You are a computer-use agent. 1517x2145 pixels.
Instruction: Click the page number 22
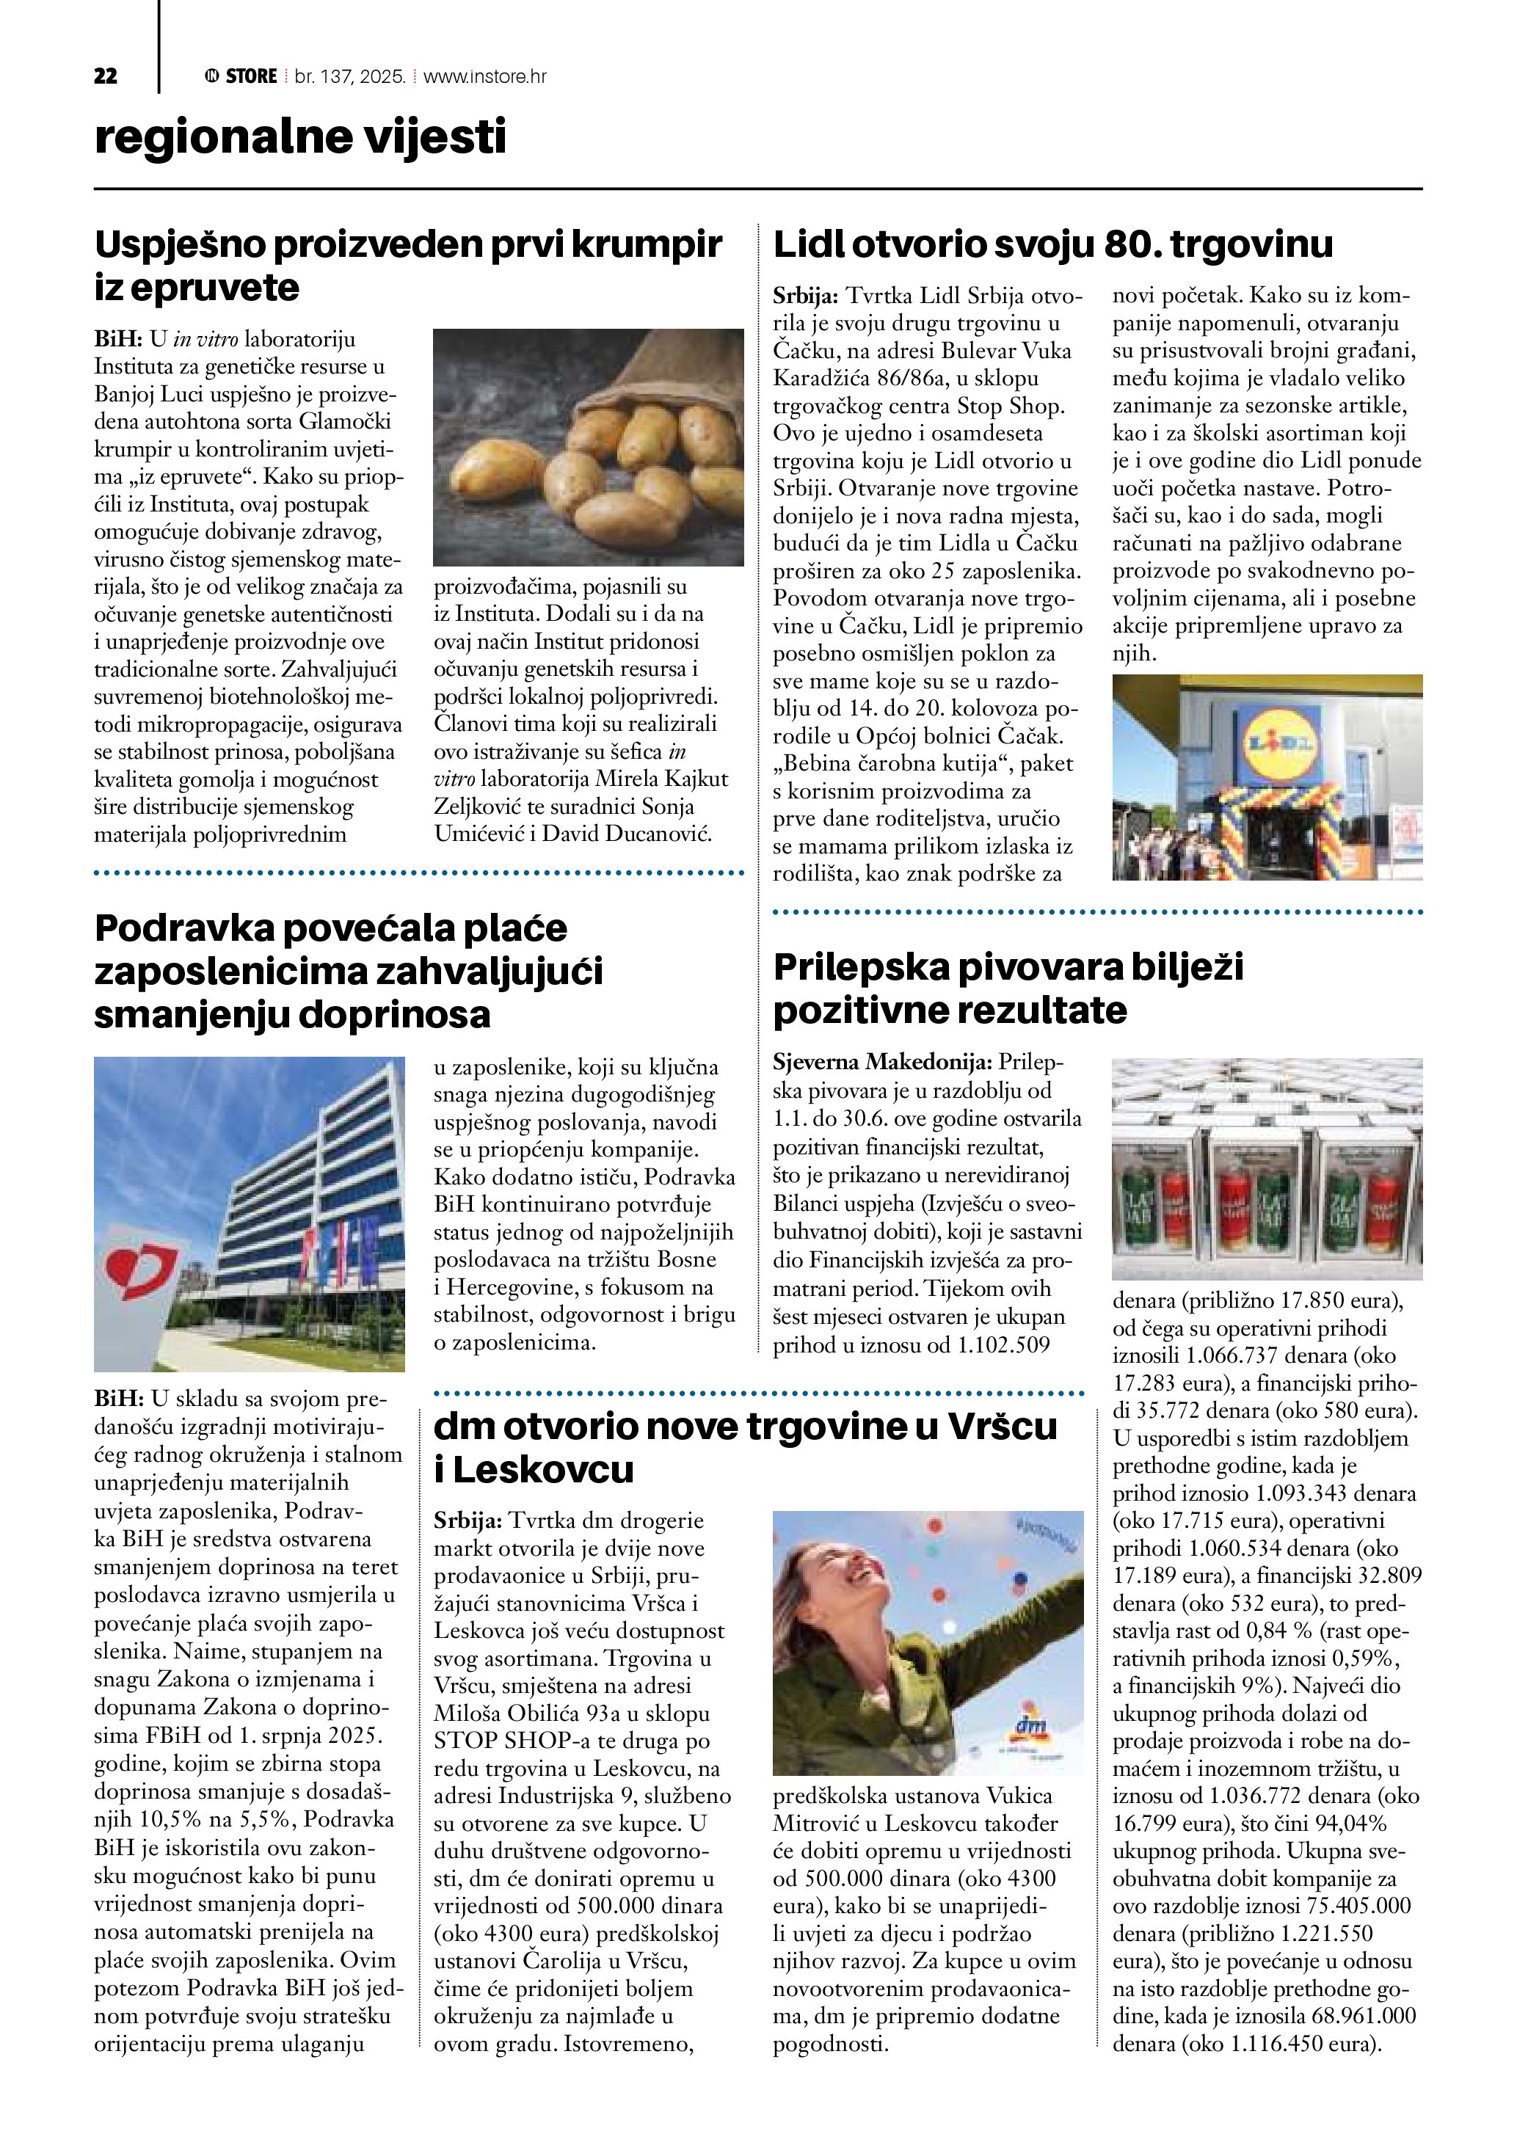[x=106, y=76]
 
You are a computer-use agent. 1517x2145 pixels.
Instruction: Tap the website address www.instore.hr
[x=485, y=76]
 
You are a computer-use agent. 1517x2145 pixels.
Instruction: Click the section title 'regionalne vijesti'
[x=300, y=136]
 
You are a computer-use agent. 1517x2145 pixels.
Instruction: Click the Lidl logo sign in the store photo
[x=1277, y=743]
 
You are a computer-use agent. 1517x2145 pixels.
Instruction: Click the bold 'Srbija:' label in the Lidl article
[x=805, y=296]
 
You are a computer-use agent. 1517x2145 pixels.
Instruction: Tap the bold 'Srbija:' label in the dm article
[x=467, y=1521]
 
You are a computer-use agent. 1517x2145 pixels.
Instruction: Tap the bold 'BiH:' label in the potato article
[x=117, y=338]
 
